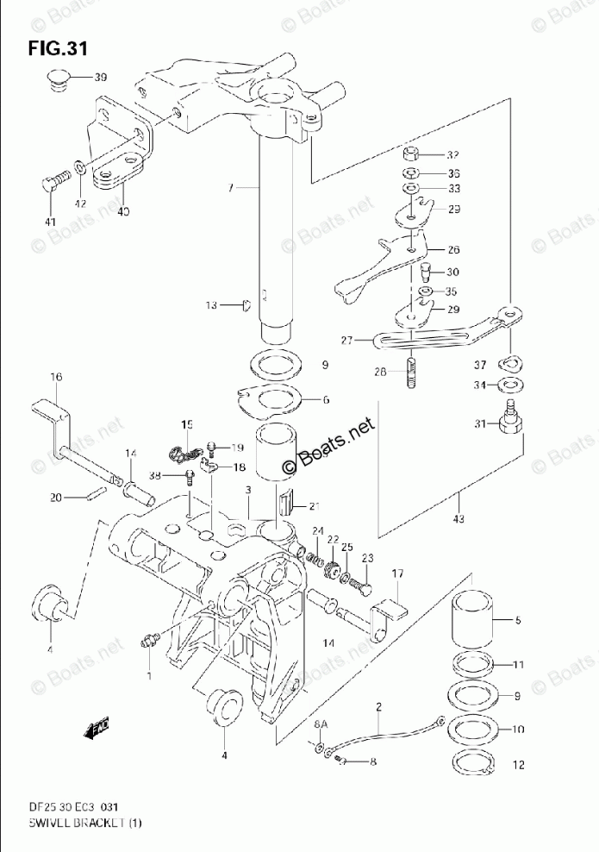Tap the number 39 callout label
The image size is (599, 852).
click(101, 78)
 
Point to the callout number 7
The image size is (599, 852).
click(230, 187)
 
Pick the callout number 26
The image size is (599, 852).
click(452, 250)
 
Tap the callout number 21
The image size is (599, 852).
click(314, 505)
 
